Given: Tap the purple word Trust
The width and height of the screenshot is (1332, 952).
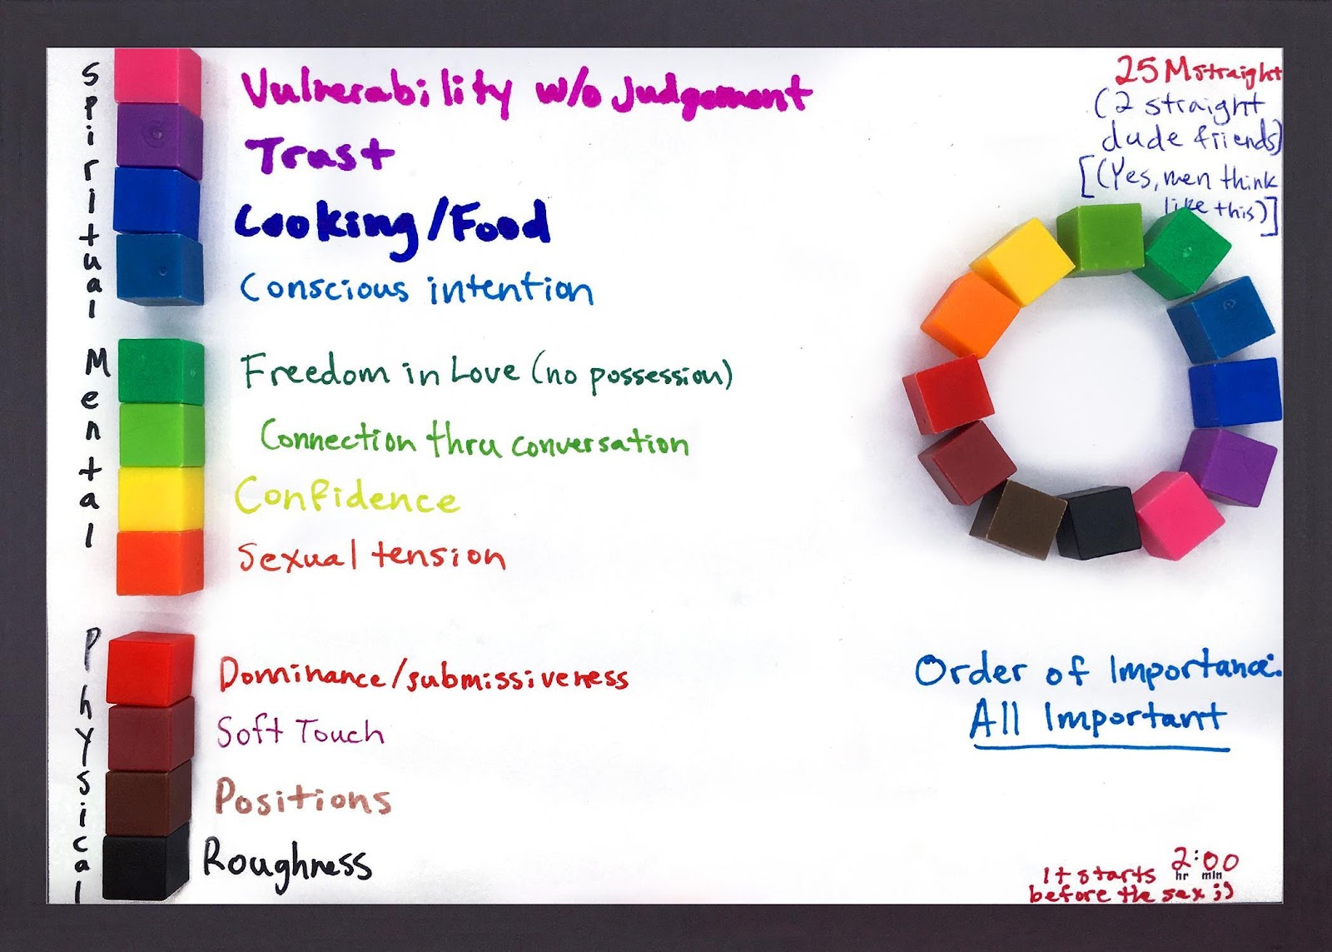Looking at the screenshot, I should [x=321, y=154].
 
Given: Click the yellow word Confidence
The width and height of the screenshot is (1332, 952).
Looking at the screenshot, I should [x=346, y=497].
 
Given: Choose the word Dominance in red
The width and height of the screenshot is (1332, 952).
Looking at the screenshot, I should [x=301, y=675].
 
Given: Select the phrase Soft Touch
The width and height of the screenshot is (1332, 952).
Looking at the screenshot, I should [x=301, y=732].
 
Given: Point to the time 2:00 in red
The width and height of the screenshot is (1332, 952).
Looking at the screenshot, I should [x=1205, y=860].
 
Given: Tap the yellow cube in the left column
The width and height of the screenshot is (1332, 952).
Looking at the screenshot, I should [x=160, y=498].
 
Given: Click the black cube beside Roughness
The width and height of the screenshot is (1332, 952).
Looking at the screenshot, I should [x=147, y=865].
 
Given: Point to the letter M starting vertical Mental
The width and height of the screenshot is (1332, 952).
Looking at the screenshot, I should [x=97, y=361].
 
